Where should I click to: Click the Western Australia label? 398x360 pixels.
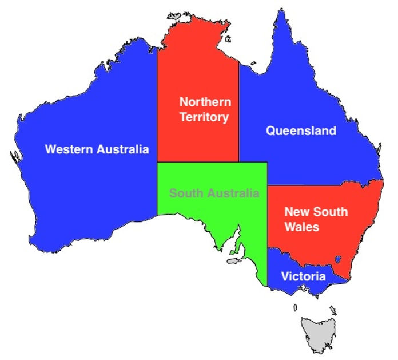tap(97, 150)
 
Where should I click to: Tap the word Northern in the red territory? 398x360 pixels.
tap(205, 102)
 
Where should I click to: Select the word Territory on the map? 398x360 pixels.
tap(204, 118)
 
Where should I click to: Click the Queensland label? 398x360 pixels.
tap(301, 131)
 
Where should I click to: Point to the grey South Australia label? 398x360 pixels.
tap(214, 193)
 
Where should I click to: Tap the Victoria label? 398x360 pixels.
tap(303, 277)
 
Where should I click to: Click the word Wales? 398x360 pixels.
tap(301, 227)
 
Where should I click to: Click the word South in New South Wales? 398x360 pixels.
tap(330, 212)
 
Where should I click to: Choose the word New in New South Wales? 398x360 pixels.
tap(296, 212)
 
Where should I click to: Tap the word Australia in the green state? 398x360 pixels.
tap(234, 193)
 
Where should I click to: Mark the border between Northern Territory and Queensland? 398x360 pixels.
tap(238, 114)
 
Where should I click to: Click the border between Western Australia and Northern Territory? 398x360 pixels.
tap(157, 103)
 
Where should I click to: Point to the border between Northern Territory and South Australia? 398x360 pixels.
tap(197, 162)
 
